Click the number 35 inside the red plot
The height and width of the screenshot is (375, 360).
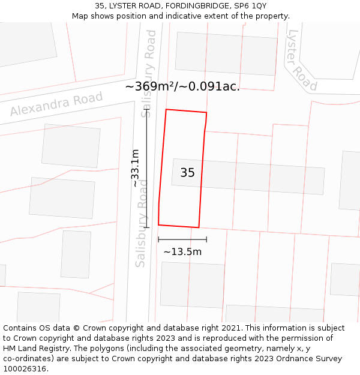(187, 173)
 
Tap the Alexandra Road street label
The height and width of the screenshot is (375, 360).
(56, 104)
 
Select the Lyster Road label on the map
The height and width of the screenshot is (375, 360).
(302, 60)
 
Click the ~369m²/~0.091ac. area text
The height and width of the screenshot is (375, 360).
(182, 86)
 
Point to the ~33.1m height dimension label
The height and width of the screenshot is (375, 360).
(136, 168)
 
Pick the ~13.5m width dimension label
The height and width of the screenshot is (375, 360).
(182, 251)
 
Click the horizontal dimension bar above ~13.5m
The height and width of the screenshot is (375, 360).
(182, 239)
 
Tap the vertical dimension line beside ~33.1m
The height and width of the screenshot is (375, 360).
(146, 168)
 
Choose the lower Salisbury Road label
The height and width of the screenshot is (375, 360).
(142, 231)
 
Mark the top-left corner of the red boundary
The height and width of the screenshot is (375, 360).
(166, 110)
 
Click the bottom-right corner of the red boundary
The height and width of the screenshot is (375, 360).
(199, 227)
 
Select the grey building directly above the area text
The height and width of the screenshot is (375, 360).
(226, 53)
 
